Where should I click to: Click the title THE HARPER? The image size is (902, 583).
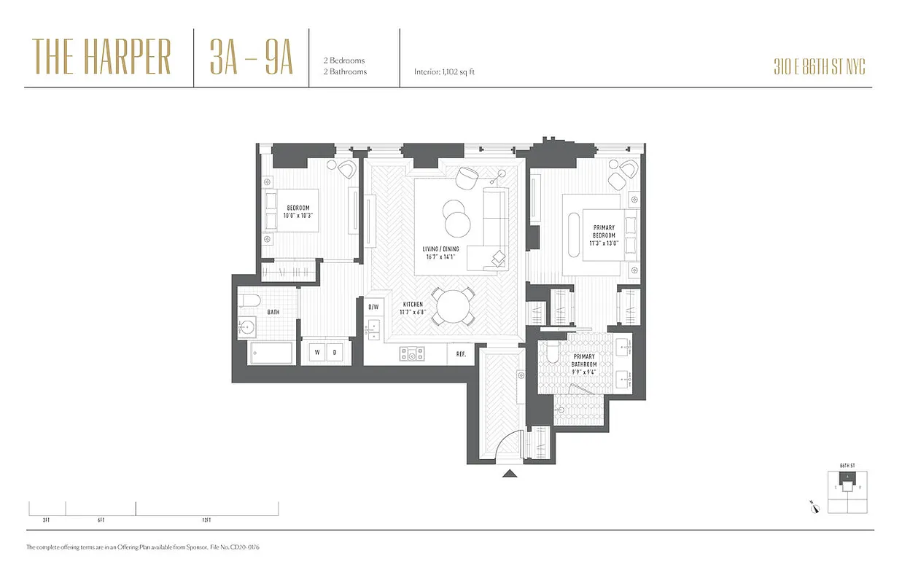click(101, 58)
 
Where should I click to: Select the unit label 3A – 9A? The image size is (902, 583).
click(251, 58)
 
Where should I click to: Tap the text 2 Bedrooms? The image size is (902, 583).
click(344, 60)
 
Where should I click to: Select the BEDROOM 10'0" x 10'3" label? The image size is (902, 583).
click(298, 212)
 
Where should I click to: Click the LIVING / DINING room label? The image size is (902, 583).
click(441, 252)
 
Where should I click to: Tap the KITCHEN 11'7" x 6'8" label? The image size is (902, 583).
click(412, 308)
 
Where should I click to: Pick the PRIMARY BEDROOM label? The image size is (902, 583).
click(604, 236)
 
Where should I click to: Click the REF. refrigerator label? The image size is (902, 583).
click(461, 353)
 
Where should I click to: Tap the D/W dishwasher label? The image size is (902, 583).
click(373, 307)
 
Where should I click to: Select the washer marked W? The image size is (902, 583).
click(317, 353)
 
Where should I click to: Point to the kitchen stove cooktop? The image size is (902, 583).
click(412, 354)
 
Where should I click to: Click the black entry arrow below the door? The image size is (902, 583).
click(510, 474)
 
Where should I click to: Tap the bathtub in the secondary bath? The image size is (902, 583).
click(271, 353)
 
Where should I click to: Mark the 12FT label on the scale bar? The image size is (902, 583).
click(206, 520)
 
